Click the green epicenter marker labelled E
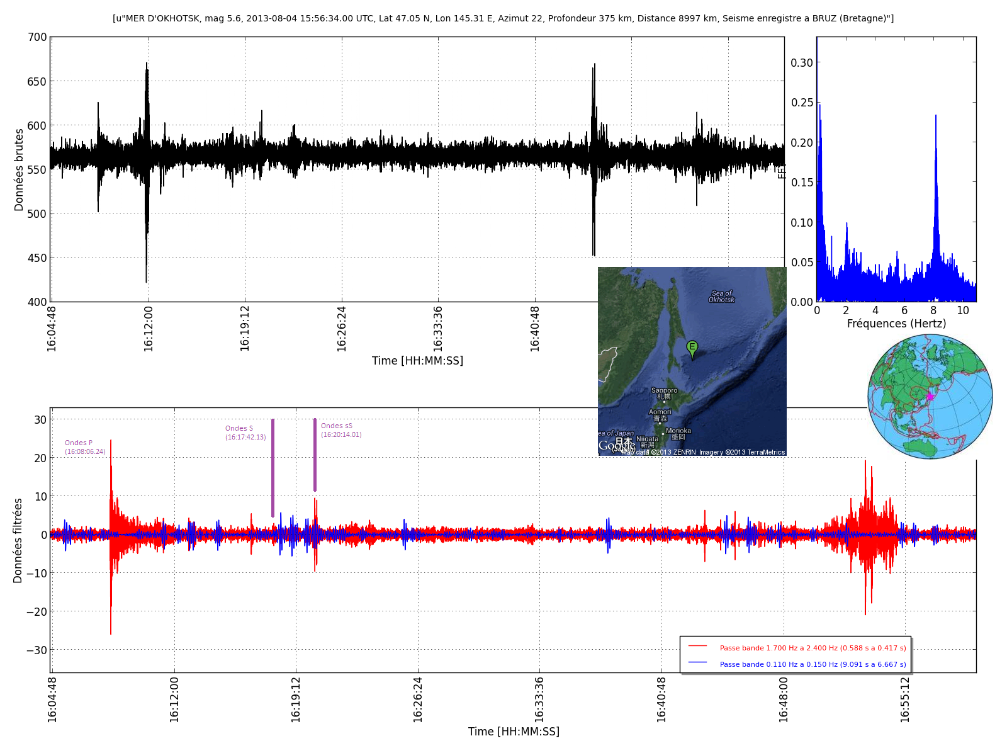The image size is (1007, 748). [x=692, y=348]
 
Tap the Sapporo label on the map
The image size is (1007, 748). [x=664, y=390]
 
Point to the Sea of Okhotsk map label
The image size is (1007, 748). [x=721, y=297]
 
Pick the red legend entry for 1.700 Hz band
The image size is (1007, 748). [x=813, y=648]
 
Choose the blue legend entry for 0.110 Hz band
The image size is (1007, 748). [x=813, y=664]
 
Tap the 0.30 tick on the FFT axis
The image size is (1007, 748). [x=802, y=63]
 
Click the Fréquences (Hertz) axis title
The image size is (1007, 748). [x=896, y=324]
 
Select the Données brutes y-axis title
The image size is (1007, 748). [x=19, y=170]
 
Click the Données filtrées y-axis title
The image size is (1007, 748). [x=18, y=540]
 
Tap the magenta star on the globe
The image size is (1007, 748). [x=930, y=396]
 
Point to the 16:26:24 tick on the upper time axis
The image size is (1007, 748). [x=342, y=328]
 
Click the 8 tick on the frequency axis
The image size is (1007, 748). [x=933, y=310]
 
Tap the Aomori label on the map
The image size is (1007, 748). [x=660, y=412]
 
